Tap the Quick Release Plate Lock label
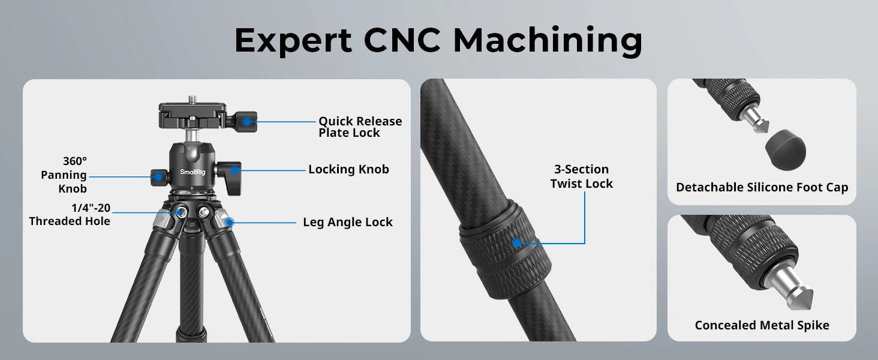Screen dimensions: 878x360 click(360, 127)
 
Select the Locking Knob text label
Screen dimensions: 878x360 click(348, 169)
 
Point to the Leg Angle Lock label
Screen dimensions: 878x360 click(348, 222)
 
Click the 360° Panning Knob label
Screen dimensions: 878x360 click(64, 175)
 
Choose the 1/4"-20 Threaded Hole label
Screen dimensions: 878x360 click(70, 214)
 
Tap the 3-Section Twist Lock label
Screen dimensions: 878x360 click(581, 176)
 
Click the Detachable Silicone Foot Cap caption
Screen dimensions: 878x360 click(762, 187)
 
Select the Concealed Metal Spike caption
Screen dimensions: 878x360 click(762, 325)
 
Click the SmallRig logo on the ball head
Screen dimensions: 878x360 click(193, 172)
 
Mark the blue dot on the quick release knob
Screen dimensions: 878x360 click(247, 122)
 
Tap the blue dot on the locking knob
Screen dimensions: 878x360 click(234, 170)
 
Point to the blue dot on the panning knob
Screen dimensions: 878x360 click(158, 177)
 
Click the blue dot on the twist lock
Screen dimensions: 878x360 click(518, 243)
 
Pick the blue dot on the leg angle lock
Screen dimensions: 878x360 click(230, 223)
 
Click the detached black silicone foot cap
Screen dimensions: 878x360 click(786, 149)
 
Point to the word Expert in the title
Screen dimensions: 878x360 click(293, 41)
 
